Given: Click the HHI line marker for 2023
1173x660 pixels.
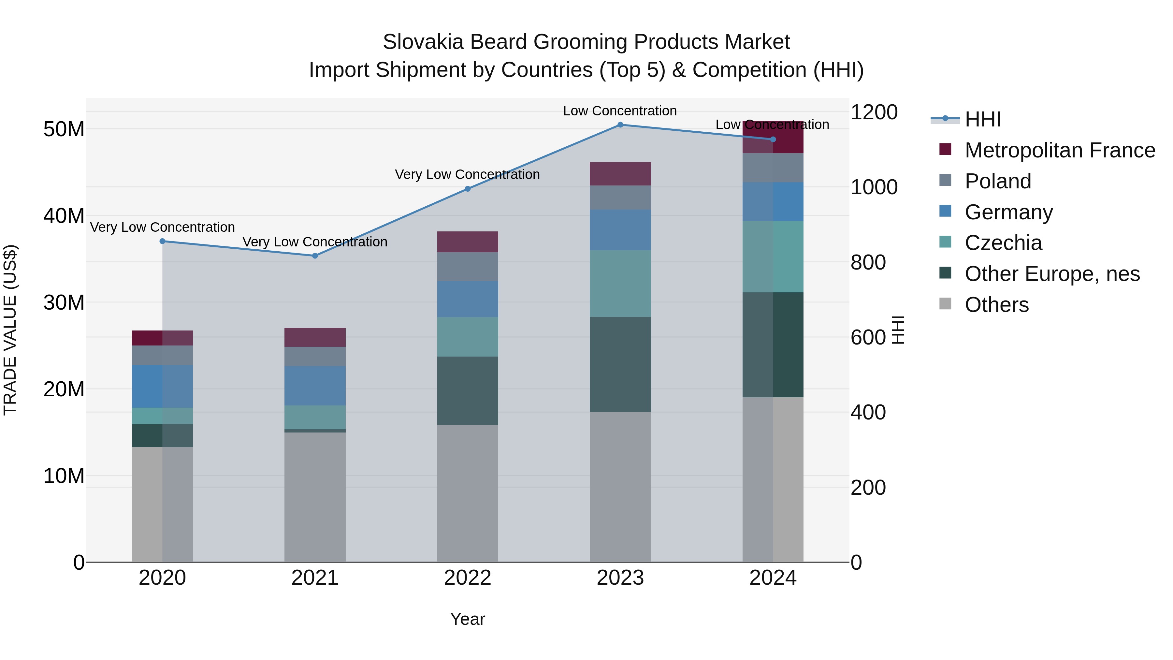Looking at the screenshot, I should point(620,125).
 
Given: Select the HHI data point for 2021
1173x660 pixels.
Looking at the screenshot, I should point(315,256).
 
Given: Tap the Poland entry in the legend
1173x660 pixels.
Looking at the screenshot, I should point(997,181).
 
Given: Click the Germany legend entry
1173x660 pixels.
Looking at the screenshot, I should point(1008,212).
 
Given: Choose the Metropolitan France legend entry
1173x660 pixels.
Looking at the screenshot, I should point(1059,150).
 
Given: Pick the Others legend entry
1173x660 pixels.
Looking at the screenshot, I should point(996,305).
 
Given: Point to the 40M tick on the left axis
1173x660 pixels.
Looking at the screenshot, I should point(64,215).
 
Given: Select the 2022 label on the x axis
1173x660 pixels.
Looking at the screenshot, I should point(467,578).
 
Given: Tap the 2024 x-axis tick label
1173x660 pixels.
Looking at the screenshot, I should point(773,578).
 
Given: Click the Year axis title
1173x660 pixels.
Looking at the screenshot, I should point(467,619).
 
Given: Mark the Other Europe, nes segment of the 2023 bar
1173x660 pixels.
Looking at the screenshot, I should point(620,364).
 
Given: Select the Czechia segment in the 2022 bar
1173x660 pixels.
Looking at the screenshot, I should point(467,337).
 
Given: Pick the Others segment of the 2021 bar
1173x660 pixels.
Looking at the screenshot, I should point(315,496).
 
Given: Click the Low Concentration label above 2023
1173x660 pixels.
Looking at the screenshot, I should point(620,111).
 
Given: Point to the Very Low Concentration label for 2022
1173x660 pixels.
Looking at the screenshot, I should point(467,174).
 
